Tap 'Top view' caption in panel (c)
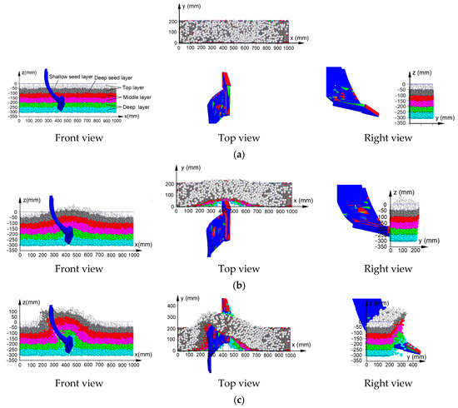click(230, 384)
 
